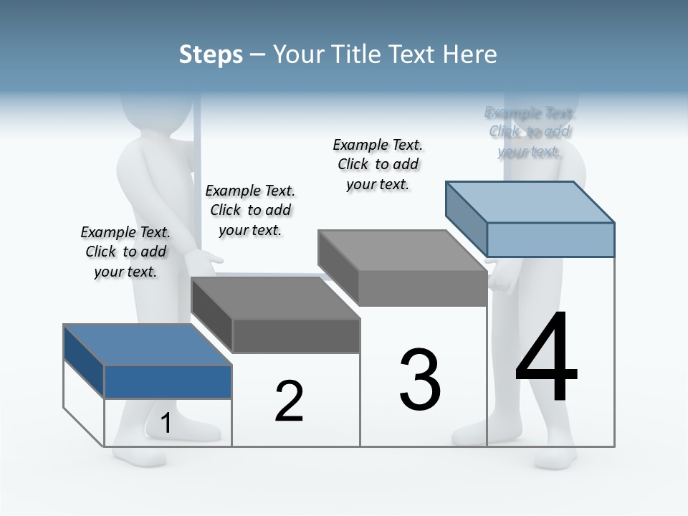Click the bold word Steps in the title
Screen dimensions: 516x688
coord(211,54)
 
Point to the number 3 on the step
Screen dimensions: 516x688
coord(420,380)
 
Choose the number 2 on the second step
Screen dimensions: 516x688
coord(289,401)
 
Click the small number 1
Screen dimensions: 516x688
coord(166,424)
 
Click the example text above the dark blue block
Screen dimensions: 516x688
coord(125,252)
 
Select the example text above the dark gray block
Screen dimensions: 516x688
coord(250,210)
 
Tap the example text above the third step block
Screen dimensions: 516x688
coord(378,164)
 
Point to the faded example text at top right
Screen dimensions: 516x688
coord(530,132)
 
